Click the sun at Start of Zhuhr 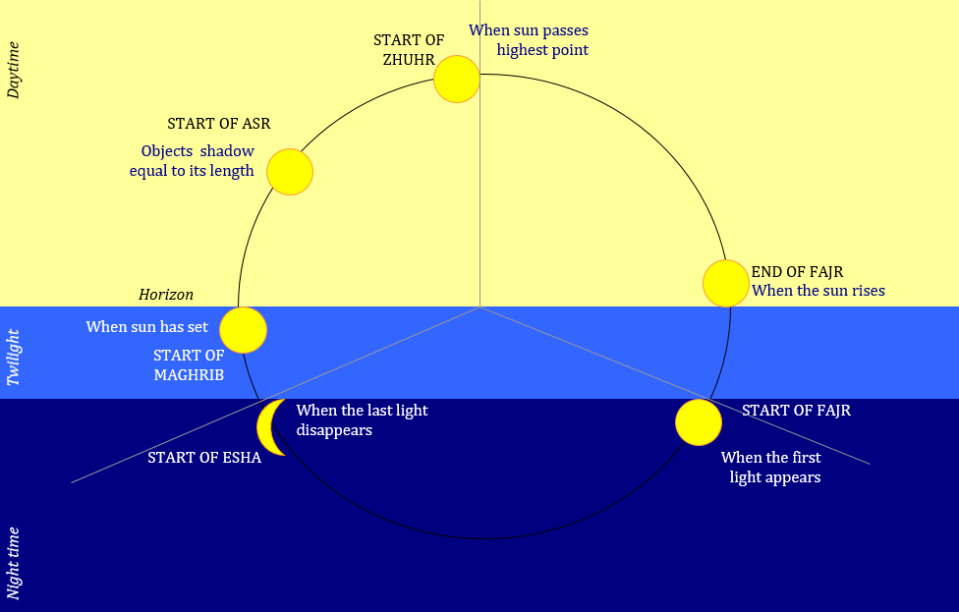click(457, 80)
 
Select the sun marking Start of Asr click(290, 172)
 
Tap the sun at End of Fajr click(726, 283)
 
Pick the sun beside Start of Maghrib click(243, 330)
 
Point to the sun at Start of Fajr click(699, 422)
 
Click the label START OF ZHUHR click(408, 49)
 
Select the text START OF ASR click(219, 124)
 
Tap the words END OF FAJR click(797, 271)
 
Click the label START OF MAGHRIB click(189, 365)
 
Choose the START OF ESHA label click(204, 457)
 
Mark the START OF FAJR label click(796, 411)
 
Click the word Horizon click(166, 295)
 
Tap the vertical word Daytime click(13, 70)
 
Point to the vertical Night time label click(13, 562)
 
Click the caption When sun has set click(147, 326)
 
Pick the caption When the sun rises click(818, 291)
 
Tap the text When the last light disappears click(362, 419)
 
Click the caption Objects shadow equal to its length click(193, 161)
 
